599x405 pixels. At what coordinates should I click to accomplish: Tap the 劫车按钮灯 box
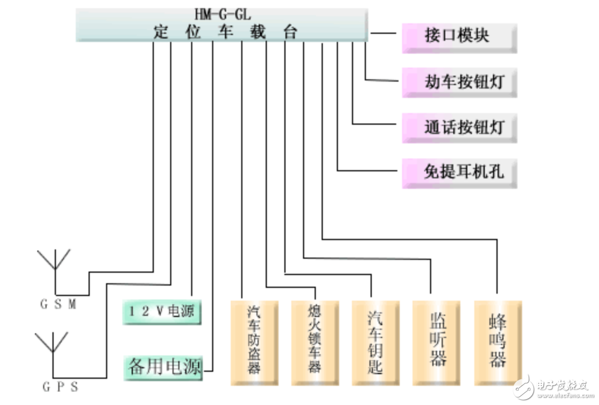(x=459, y=82)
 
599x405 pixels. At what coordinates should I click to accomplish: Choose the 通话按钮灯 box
(x=459, y=126)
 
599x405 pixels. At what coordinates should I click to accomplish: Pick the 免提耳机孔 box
(x=459, y=172)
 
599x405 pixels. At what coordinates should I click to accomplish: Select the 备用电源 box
(x=164, y=367)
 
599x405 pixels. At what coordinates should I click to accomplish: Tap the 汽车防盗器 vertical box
(x=255, y=343)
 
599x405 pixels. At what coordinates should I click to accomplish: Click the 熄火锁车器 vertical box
(x=315, y=343)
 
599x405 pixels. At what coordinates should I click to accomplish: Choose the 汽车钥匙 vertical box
(x=376, y=343)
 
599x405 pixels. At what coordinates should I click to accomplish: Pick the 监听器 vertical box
(x=437, y=343)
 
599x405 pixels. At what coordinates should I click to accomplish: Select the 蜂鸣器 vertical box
(x=498, y=343)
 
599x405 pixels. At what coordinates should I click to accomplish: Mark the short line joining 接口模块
(x=383, y=34)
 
